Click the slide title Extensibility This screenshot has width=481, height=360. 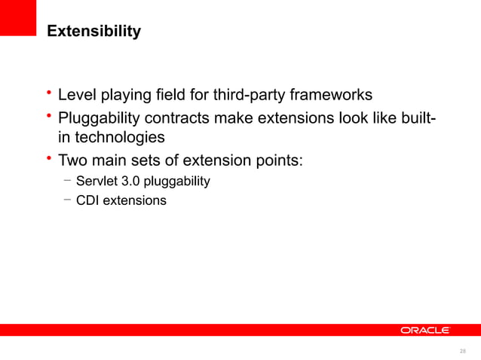point(93,32)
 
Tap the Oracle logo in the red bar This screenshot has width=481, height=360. point(424,330)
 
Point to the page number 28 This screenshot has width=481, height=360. point(462,350)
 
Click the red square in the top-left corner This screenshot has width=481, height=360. point(18,17)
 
